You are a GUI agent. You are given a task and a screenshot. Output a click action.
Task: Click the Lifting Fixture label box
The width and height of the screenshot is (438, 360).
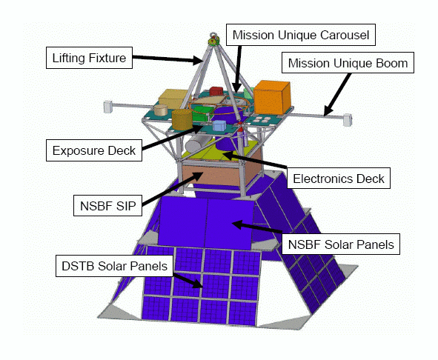(89, 58)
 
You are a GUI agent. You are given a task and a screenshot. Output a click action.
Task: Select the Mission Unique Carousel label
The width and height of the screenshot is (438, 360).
(301, 35)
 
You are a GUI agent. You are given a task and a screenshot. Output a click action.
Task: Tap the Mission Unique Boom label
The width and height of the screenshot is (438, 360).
(348, 63)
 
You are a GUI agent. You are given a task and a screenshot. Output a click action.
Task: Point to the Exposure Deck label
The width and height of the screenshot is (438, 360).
(94, 150)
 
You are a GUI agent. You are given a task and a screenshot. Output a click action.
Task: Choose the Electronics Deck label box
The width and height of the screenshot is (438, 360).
(339, 179)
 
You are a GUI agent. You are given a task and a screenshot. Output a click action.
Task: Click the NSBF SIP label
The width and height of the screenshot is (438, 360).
(107, 205)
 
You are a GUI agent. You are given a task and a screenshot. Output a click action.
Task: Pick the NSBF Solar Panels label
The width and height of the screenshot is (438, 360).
(341, 244)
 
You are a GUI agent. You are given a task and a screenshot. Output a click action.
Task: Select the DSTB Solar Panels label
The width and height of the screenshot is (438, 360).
(115, 266)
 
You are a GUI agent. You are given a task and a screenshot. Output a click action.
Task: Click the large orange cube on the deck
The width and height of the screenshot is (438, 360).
(272, 98)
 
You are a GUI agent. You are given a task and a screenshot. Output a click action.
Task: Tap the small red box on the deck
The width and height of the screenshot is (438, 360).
(216, 91)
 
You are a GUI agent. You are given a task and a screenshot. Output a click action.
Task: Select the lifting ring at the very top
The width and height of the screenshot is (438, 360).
(213, 36)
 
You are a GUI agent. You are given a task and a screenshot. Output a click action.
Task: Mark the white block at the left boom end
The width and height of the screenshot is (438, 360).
(108, 107)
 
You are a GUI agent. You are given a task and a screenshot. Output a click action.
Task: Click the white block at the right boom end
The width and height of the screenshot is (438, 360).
(348, 119)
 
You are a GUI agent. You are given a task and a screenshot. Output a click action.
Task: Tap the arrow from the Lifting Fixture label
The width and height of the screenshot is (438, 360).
(167, 59)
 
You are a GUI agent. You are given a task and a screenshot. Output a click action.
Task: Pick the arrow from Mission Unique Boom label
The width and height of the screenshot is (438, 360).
(338, 94)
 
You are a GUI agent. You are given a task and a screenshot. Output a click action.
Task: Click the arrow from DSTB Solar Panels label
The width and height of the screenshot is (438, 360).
(188, 280)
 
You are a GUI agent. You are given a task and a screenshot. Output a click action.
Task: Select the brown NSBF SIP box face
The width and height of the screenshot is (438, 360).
(210, 175)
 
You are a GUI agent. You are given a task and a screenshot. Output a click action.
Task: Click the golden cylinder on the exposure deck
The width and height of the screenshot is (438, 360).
(182, 119)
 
